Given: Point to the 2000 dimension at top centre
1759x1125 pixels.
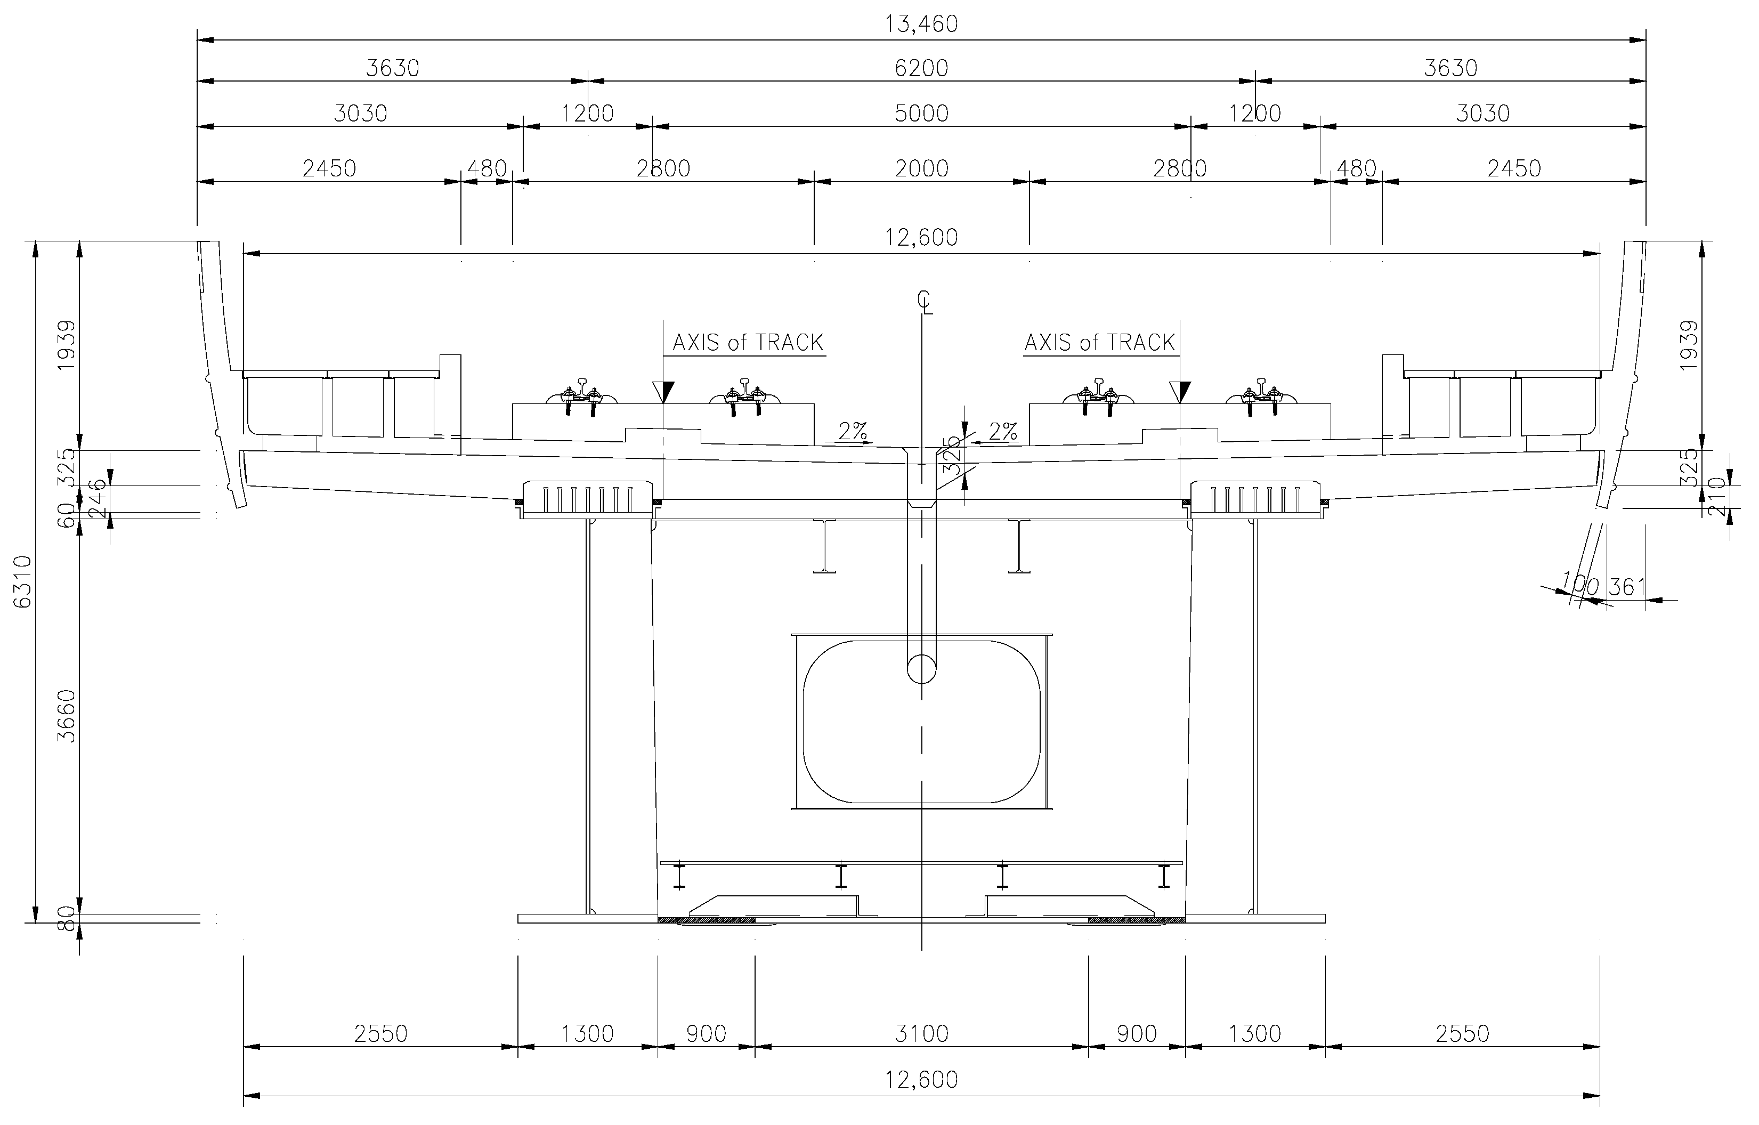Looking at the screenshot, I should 921,169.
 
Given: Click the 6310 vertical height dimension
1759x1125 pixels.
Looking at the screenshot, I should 23,581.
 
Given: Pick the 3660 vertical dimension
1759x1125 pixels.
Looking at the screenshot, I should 67,716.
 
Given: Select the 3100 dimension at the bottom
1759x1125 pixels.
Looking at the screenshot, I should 921,1034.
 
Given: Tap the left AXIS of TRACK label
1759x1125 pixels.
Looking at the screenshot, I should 747,343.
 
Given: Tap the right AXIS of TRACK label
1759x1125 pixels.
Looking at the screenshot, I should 1099,343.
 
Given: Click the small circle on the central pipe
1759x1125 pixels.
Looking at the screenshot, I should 921,668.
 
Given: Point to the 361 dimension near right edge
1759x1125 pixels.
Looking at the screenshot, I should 1627,587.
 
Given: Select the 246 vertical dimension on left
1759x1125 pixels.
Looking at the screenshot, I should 97,498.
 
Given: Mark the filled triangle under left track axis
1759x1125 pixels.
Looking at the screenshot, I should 663,393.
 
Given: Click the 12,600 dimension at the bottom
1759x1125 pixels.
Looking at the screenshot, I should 921,1080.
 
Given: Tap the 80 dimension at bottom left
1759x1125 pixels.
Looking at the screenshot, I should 67,918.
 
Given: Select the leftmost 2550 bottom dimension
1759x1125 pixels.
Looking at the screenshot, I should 380,1034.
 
